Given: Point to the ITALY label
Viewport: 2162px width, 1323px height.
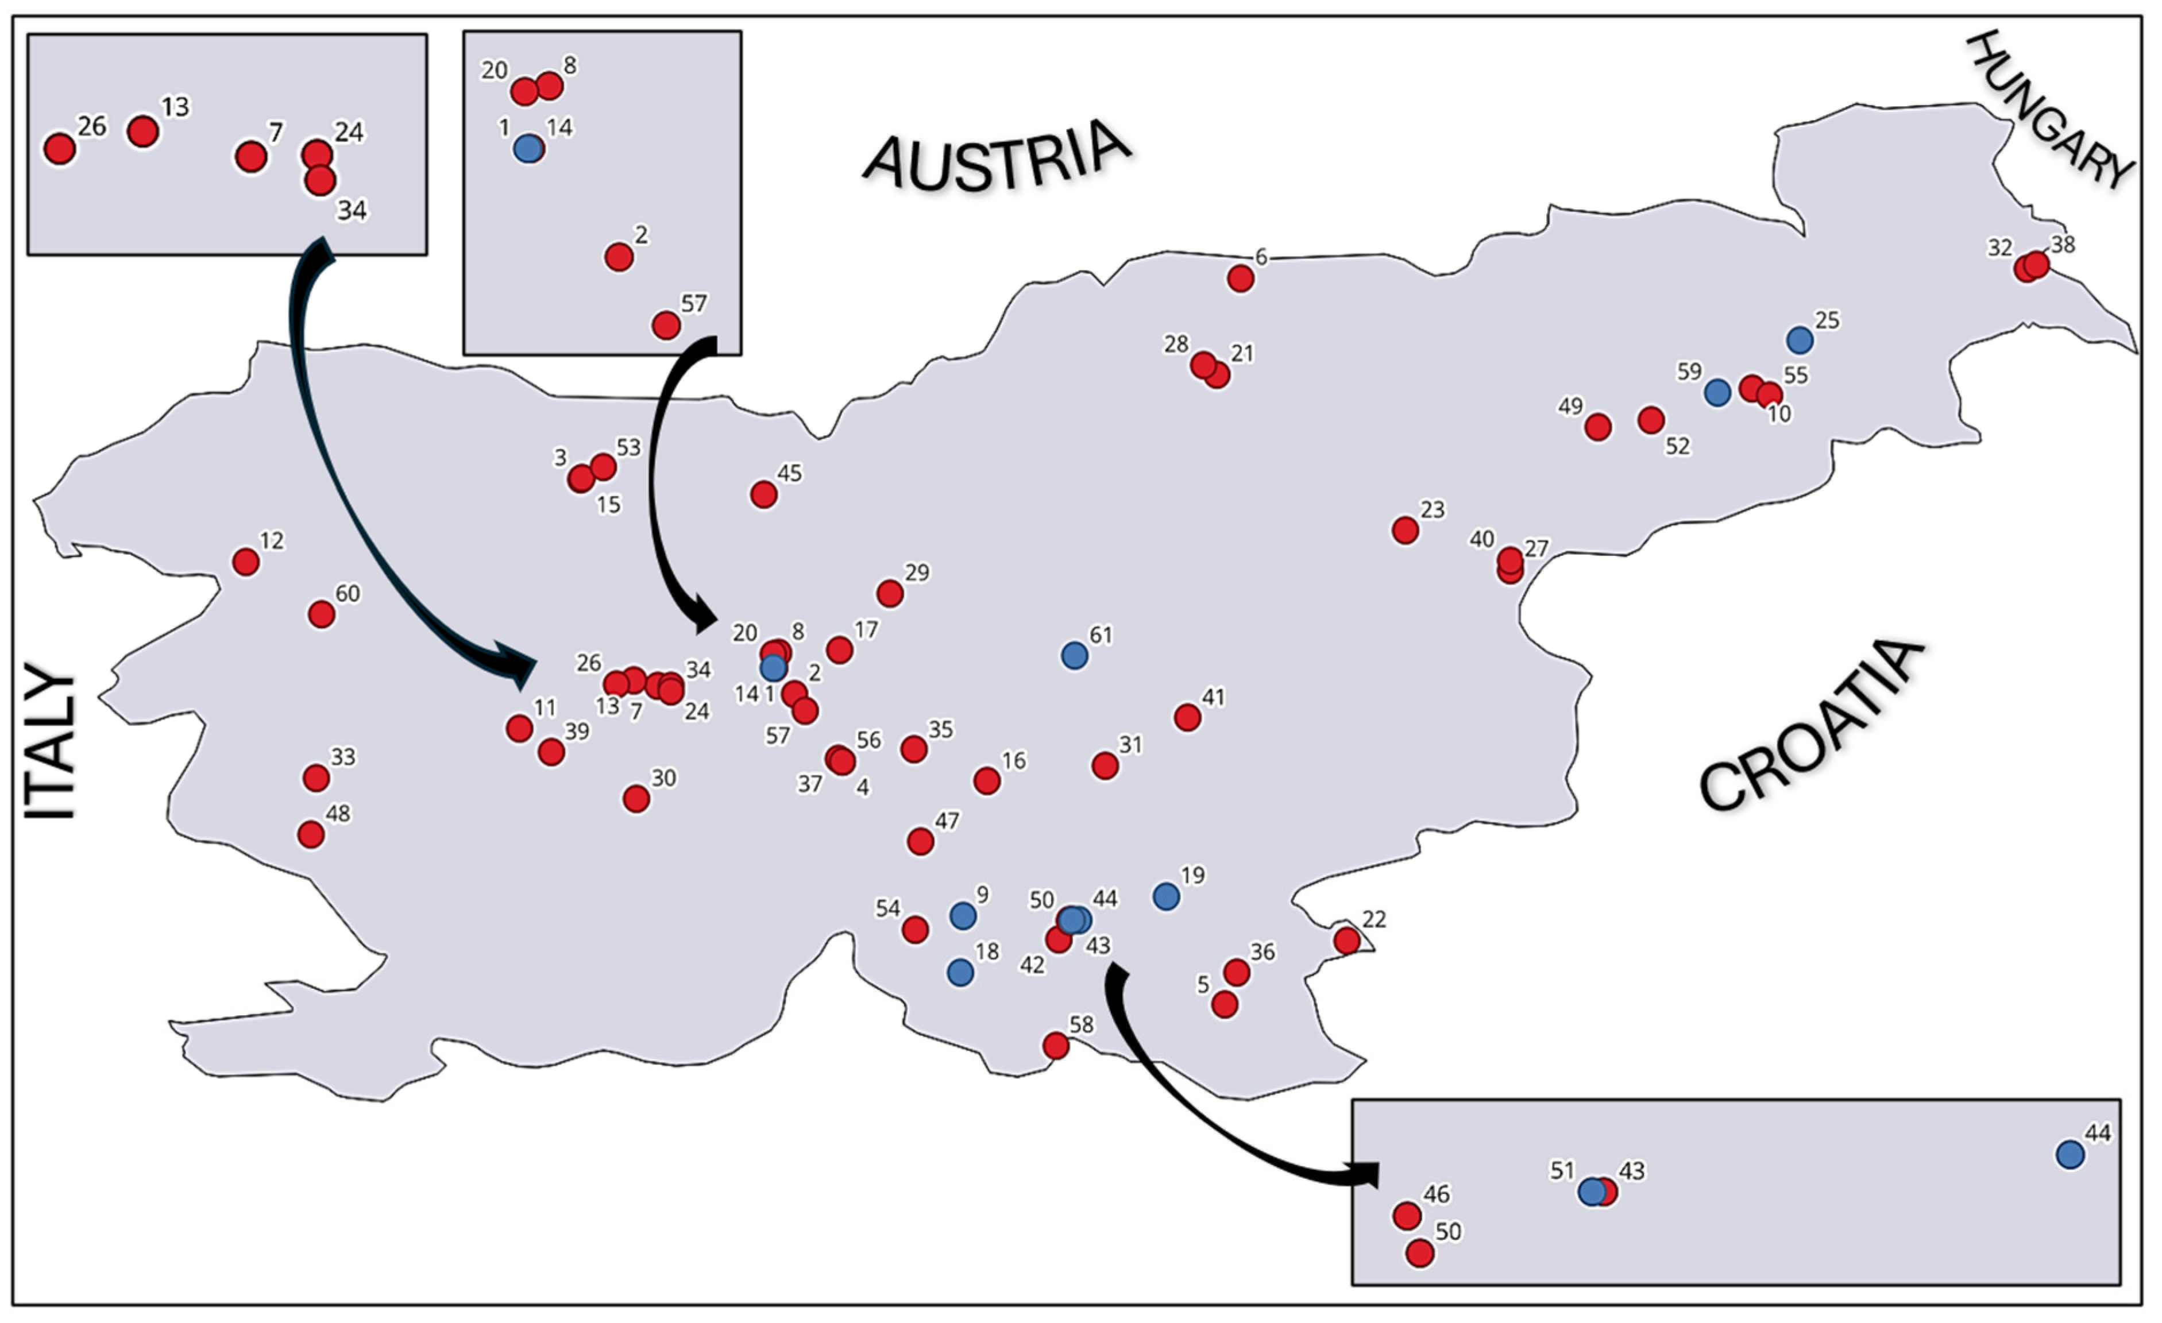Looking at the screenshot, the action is pos(49,745).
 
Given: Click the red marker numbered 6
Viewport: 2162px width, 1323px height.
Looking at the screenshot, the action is pos(1240,279).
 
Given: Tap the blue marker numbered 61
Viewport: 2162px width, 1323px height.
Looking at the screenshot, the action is pos(1074,655).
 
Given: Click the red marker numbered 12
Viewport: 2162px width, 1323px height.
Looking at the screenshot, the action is pos(246,562).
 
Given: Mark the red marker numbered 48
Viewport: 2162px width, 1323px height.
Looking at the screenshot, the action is pos(311,834).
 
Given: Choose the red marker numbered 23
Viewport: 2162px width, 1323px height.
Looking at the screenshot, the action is pos(1405,530).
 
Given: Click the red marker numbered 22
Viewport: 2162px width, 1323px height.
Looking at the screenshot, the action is pos(1347,941).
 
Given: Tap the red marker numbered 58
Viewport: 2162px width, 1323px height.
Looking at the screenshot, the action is pos(1056,1045).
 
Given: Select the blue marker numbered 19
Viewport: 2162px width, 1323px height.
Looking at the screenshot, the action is pos(1165,896).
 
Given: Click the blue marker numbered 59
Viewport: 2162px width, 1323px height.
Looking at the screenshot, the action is pos(1717,392).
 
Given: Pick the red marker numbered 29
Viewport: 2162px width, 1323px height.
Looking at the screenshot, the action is pos(890,594).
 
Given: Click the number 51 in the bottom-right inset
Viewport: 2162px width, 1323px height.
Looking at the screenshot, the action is pos(1562,1170).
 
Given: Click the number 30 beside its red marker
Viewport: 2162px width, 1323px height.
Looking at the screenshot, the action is pos(663,778).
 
